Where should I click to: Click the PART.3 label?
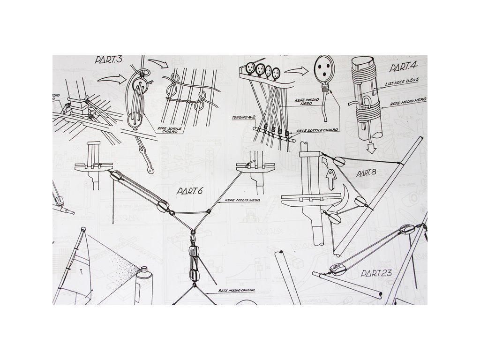point(108,60)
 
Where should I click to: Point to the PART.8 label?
point(366,173)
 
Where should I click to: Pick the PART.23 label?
point(377,272)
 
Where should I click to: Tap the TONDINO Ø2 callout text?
point(243,116)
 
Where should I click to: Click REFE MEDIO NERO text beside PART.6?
point(242,200)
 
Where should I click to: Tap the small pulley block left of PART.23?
point(336,269)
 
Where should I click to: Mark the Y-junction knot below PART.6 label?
point(193,231)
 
